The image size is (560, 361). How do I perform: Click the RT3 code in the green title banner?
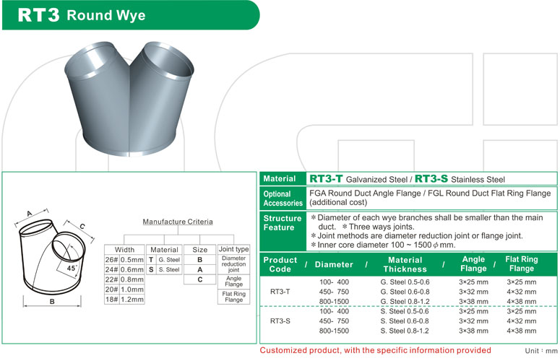coord(38,15)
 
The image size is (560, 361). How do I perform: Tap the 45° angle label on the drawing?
coord(72,268)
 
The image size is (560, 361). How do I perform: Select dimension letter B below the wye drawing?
coord(53,302)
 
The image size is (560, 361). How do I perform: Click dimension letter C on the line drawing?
coord(82,226)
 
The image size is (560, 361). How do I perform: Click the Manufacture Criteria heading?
coord(177,222)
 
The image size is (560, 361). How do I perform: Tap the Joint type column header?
coord(233,249)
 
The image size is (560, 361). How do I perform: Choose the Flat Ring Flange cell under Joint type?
coord(233,297)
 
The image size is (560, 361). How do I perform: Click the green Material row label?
coord(279,179)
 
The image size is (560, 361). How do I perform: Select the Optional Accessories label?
coord(283,199)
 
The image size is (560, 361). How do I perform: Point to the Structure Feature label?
coord(283,222)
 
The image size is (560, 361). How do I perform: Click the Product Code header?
coord(280,264)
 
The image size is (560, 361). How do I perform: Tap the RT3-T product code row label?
coord(280,292)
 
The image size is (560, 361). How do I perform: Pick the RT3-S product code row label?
coord(280,321)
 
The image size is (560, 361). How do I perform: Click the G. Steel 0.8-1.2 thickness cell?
coord(405,301)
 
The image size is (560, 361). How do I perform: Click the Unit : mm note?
coord(540,350)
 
